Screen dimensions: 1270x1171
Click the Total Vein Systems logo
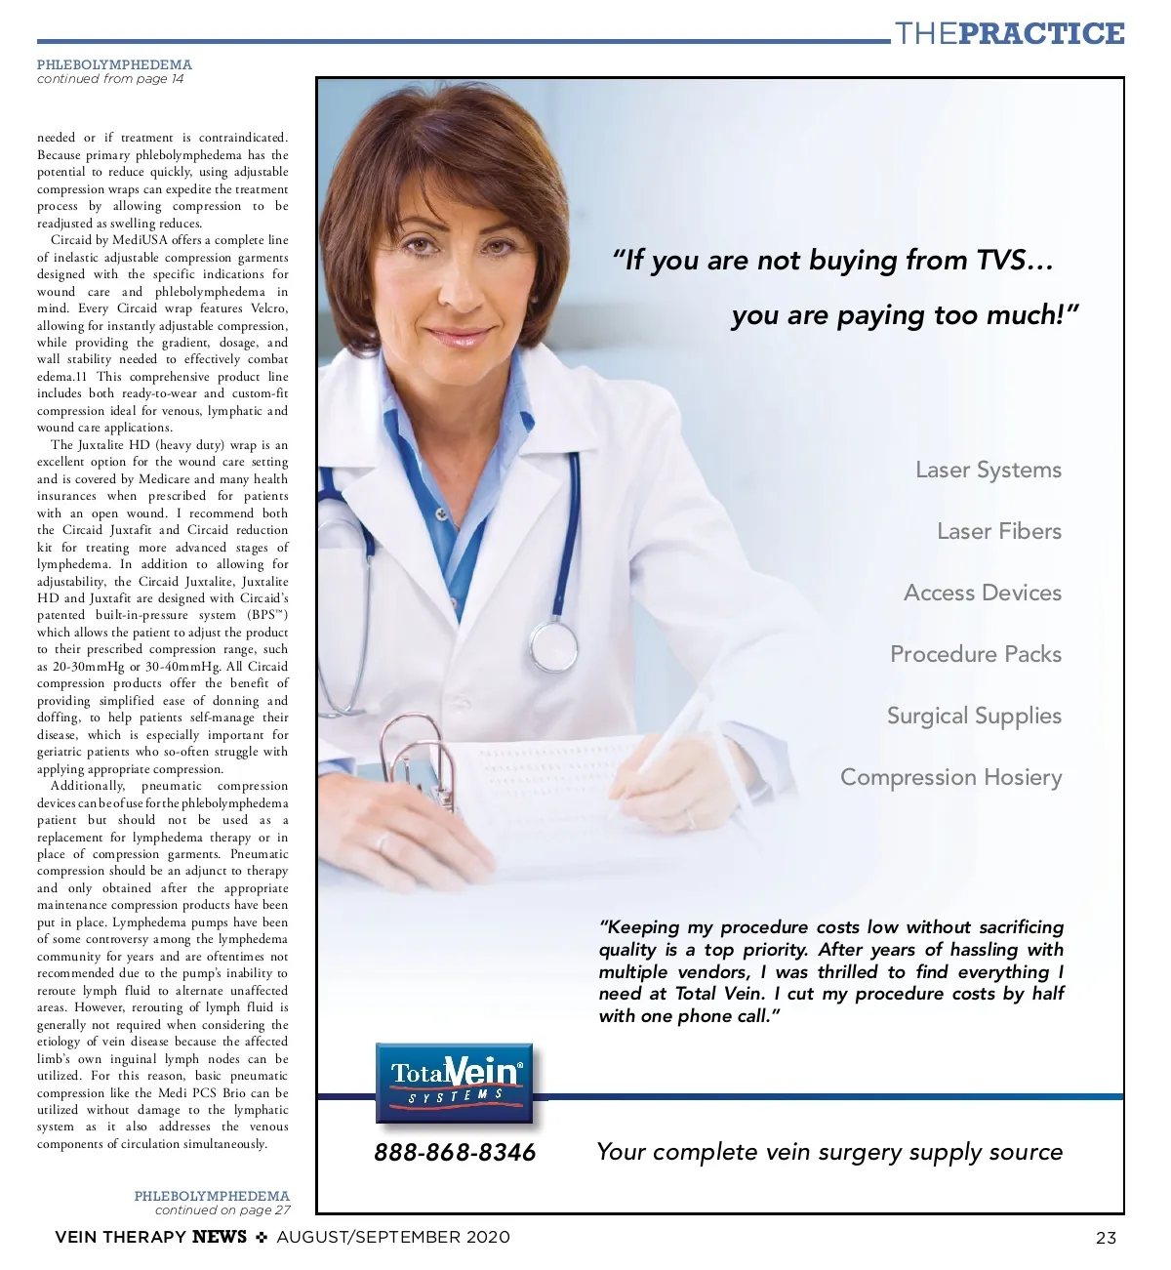click(455, 1083)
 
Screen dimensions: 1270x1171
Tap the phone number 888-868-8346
click(455, 1153)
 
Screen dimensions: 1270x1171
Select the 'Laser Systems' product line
click(988, 470)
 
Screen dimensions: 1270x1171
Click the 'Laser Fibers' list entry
click(998, 531)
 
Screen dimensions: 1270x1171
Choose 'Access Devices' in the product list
click(982, 593)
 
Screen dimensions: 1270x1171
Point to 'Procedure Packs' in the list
click(975, 654)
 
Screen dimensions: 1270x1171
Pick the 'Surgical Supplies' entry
click(973, 716)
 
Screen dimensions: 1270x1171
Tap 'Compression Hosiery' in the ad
click(950, 777)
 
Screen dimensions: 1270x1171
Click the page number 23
click(1106, 1238)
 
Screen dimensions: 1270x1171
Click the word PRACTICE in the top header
click(1041, 34)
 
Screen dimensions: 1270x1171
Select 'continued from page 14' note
click(110, 79)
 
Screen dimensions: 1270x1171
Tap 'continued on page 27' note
click(222, 1209)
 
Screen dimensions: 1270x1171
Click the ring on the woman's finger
click(382, 841)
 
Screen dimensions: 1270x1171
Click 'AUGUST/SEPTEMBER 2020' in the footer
click(393, 1237)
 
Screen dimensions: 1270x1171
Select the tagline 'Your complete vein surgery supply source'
click(828, 1152)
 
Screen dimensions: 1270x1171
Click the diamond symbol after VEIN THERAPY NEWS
click(262, 1237)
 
